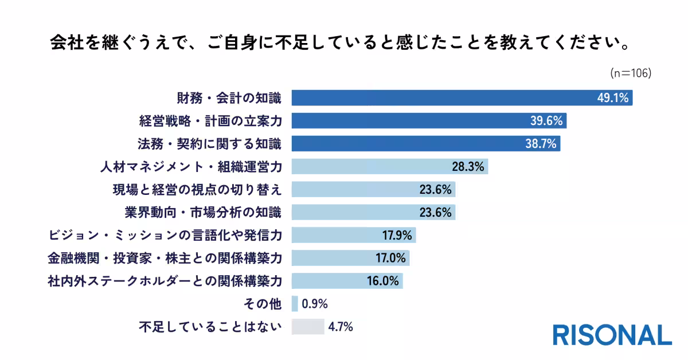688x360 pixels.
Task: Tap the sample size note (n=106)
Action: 631,73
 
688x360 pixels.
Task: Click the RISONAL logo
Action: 612,335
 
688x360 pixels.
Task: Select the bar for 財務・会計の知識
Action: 441,98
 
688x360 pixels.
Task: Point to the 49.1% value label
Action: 613,98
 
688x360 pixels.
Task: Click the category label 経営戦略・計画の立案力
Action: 210,121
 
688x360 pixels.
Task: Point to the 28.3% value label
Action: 468,167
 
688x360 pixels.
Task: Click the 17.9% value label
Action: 397,235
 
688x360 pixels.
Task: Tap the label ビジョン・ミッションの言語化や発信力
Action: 167,235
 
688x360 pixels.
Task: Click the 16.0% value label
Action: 384,281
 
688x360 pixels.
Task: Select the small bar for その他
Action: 295,304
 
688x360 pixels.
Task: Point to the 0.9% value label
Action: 314,304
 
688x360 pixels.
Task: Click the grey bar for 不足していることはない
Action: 308,327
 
